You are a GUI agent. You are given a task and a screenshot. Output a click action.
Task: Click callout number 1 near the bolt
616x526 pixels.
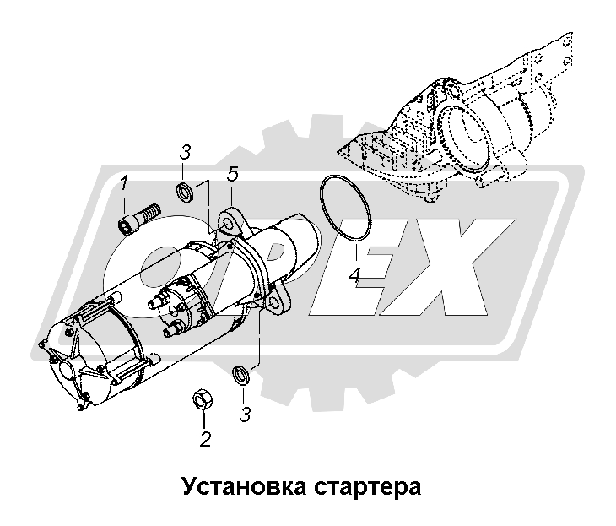point(124,182)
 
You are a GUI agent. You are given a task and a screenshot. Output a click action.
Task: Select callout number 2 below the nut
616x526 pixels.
point(204,438)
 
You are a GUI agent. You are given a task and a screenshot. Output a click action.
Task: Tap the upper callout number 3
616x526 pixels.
point(186,153)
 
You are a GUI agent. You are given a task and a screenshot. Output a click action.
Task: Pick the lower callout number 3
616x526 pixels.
point(245,415)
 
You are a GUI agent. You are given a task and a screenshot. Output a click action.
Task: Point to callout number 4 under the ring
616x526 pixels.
point(355,274)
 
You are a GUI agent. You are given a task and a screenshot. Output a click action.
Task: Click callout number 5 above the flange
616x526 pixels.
point(232,174)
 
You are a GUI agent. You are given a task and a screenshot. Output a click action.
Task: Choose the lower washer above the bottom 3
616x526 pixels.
point(239,372)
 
